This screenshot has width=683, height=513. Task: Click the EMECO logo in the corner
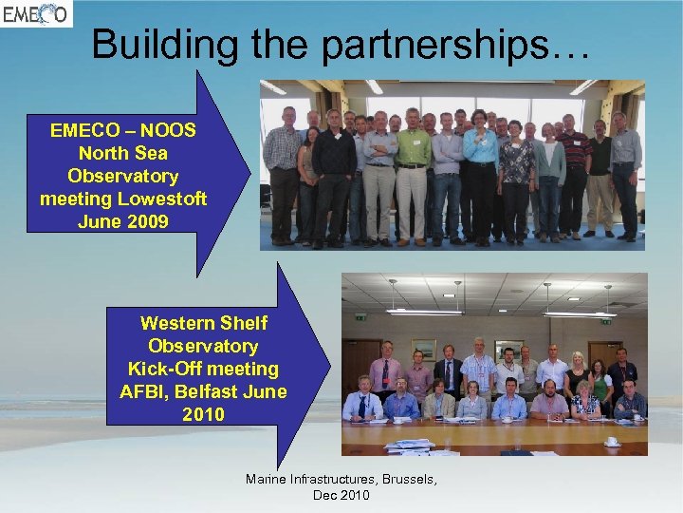[x=35, y=13]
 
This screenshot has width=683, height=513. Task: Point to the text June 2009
[x=123, y=221]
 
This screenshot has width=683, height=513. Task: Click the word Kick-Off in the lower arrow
[x=162, y=369]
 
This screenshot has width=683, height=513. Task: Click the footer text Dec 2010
[x=341, y=495]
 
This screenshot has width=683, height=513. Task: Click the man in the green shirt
[x=413, y=171]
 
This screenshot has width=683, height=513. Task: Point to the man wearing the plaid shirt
[x=283, y=171]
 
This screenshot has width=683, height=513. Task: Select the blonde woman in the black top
[x=577, y=375]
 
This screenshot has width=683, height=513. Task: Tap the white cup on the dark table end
[x=613, y=442]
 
